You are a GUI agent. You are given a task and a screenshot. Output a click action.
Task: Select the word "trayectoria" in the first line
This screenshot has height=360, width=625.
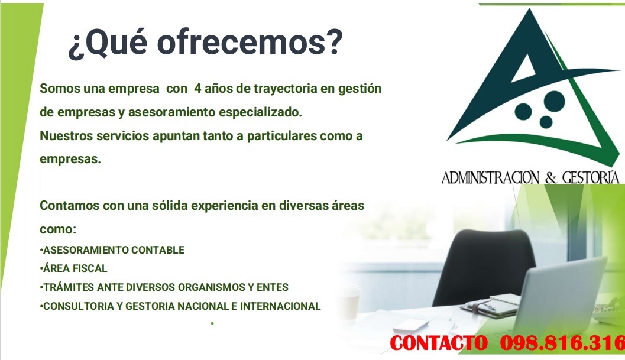click(x=285, y=89)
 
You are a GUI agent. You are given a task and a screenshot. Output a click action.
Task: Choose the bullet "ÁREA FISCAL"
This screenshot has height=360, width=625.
click(x=75, y=268)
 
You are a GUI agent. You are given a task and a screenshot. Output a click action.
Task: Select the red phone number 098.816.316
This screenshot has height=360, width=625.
click(x=562, y=342)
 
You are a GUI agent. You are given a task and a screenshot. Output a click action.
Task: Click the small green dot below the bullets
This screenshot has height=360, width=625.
click(x=211, y=323)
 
